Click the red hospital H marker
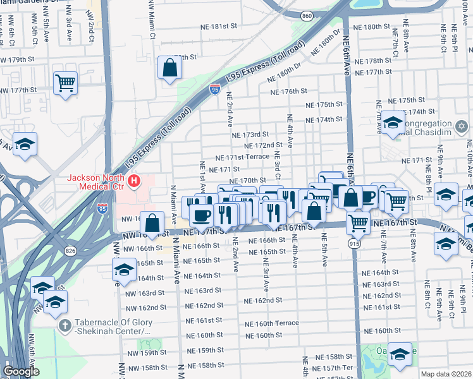point(133,182)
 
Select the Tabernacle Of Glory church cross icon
point(64,325)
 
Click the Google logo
point(21,371)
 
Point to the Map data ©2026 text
point(445,374)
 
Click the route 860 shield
point(307,15)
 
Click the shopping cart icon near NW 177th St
point(66,83)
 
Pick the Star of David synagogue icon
point(462,127)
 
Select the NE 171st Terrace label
point(242,157)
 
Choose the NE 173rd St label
point(251,135)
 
